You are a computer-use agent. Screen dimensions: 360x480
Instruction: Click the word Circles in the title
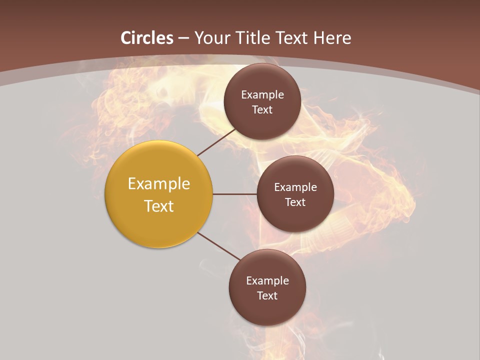point(147,38)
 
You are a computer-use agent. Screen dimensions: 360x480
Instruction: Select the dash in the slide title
point(183,38)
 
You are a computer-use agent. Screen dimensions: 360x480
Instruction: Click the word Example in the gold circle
point(159,184)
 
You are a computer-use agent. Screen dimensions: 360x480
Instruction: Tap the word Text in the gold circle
point(159,206)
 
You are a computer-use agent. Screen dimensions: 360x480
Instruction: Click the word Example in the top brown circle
point(262,95)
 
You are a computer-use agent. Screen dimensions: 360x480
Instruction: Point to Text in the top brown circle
point(262,110)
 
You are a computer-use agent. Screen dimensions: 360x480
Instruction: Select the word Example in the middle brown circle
point(295,187)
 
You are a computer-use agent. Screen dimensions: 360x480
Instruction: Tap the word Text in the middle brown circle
point(295,202)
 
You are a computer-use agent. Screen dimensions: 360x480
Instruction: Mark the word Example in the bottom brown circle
point(267,281)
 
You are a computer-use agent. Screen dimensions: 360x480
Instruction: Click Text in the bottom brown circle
point(267,296)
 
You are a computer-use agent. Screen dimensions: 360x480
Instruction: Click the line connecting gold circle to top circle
point(216,141)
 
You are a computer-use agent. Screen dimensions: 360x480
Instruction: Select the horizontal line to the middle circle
point(235,194)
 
